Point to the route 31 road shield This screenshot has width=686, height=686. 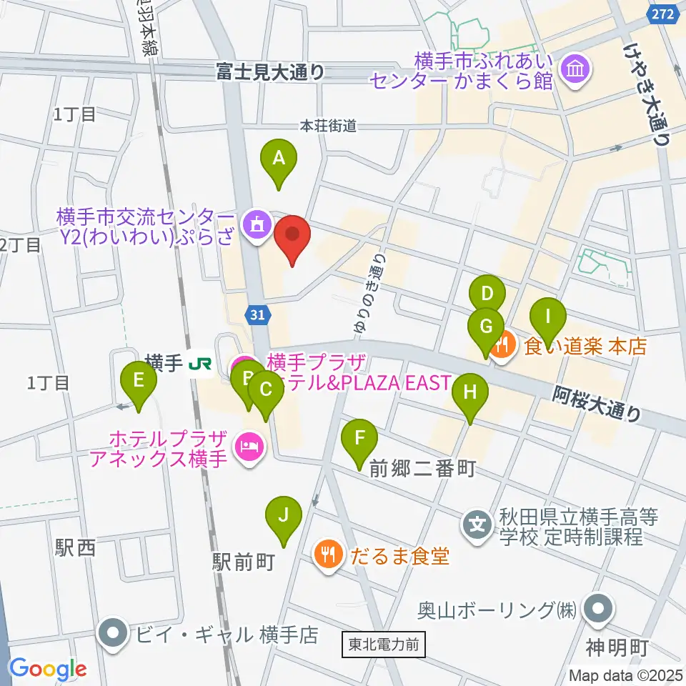pyautogui.click(x=258, y=314)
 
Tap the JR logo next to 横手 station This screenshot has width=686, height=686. pyautogui.click(x=200, y=364)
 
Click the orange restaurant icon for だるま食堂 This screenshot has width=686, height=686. pyautogui.click(x=328, y=556)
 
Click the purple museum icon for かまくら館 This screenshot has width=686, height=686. pyautogui.click(x=575, y=69)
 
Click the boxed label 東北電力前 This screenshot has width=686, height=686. pyautogui.click(x=384, y=645)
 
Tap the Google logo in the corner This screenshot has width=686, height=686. pyautogui.click(x=47, y=669)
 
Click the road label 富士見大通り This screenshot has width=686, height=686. pyautogui.click(x=272, y=71)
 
